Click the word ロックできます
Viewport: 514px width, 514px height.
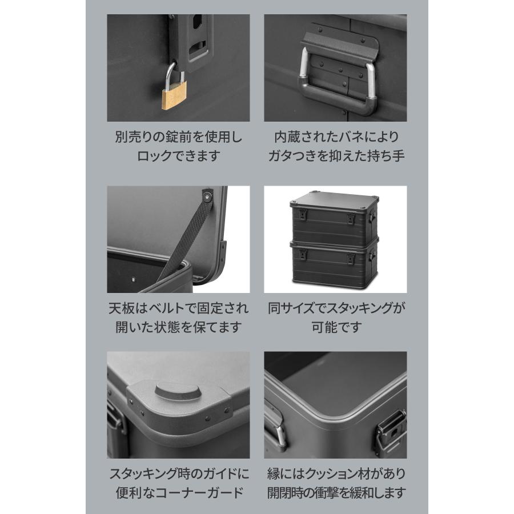[x=178, y=156]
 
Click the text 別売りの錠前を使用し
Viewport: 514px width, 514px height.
[x=178, y=138]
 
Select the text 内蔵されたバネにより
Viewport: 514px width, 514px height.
[x=336, y=138]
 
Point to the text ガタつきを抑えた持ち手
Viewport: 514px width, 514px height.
[x=336, y=156]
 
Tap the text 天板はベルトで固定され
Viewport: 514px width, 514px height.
[x=178, y=309]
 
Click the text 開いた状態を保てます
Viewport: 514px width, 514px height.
[x=178, y=327]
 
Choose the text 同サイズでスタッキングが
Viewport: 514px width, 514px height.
[x=336, y=309]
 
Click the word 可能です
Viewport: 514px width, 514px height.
[x=336, y=327]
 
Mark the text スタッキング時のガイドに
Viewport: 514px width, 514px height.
[x=178, y=473]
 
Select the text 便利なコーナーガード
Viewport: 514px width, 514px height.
[x=178, y=492]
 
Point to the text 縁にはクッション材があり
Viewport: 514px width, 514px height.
[x=336, y=473]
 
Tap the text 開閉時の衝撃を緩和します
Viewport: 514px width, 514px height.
[x=336, y=492]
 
